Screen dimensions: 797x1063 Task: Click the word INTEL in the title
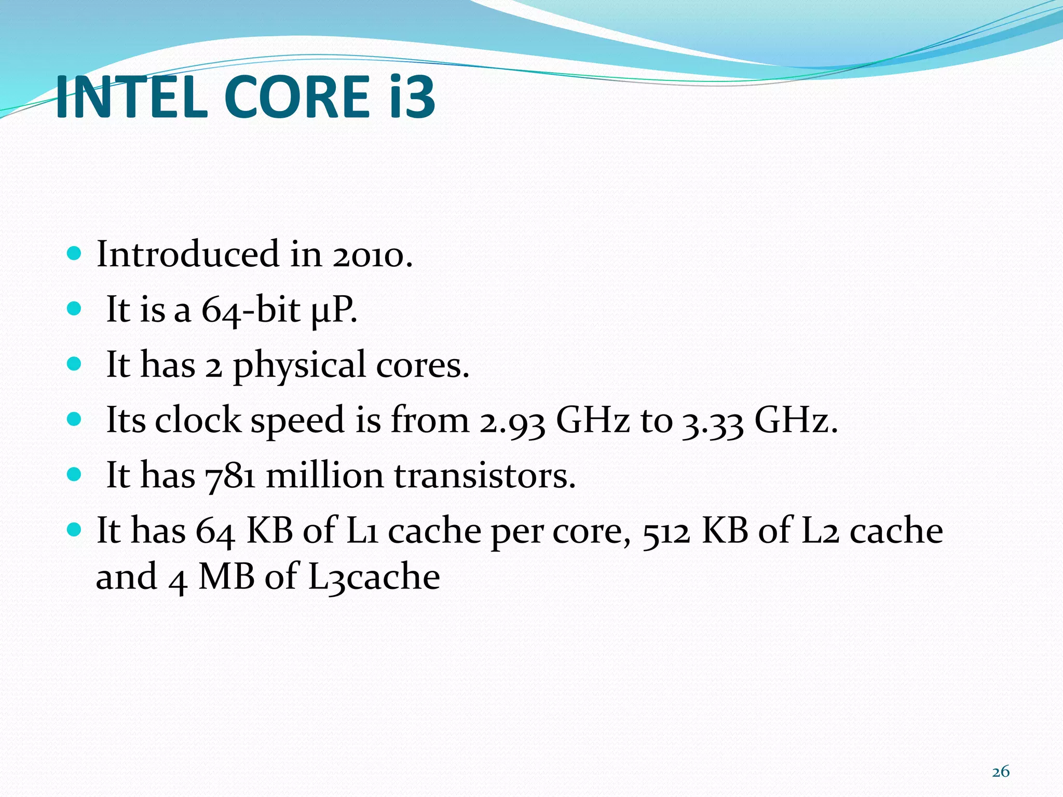[x=132, y=97]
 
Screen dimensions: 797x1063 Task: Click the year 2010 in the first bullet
[x=372, y=255]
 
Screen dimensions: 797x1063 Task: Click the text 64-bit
[x=251, y=310]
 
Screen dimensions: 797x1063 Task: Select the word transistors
[x=485, y=475]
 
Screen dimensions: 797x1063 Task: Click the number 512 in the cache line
[x=666, y=532]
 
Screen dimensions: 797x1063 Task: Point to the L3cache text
[x=374, y=577]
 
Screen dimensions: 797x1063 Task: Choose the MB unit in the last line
[x=227, y=577]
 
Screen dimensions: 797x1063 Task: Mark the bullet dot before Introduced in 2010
[x=75, y=254]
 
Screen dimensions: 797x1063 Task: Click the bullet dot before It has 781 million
[x=75, y=474]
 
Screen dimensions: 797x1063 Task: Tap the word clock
[x=198, y=420]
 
